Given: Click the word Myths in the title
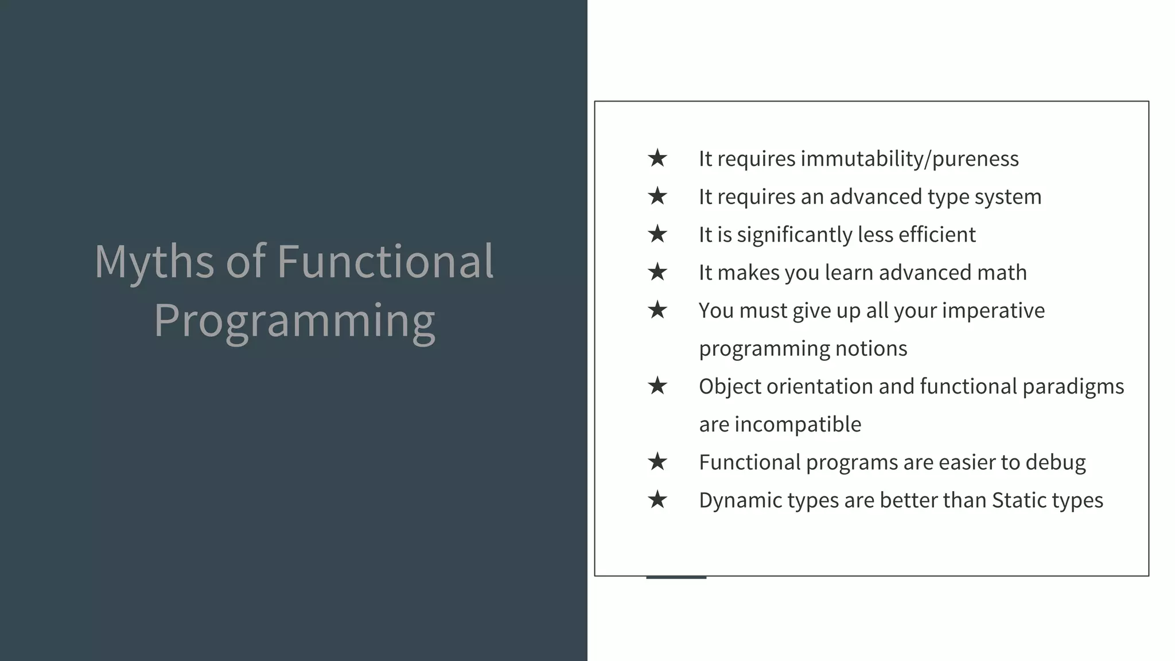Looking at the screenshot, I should (154, 262).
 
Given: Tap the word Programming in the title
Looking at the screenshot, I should (294, 321).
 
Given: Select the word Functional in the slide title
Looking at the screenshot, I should (385, 261).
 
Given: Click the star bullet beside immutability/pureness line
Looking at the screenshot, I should (657, 158).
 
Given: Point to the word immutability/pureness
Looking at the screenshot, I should (909, 159).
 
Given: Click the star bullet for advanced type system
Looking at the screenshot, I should (657, 196).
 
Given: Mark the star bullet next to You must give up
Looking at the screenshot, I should (657, 310).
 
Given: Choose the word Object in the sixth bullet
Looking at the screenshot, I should (730, 387).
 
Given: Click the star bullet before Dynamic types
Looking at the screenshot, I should (657, 500).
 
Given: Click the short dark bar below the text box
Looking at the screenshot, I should (676, 577).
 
